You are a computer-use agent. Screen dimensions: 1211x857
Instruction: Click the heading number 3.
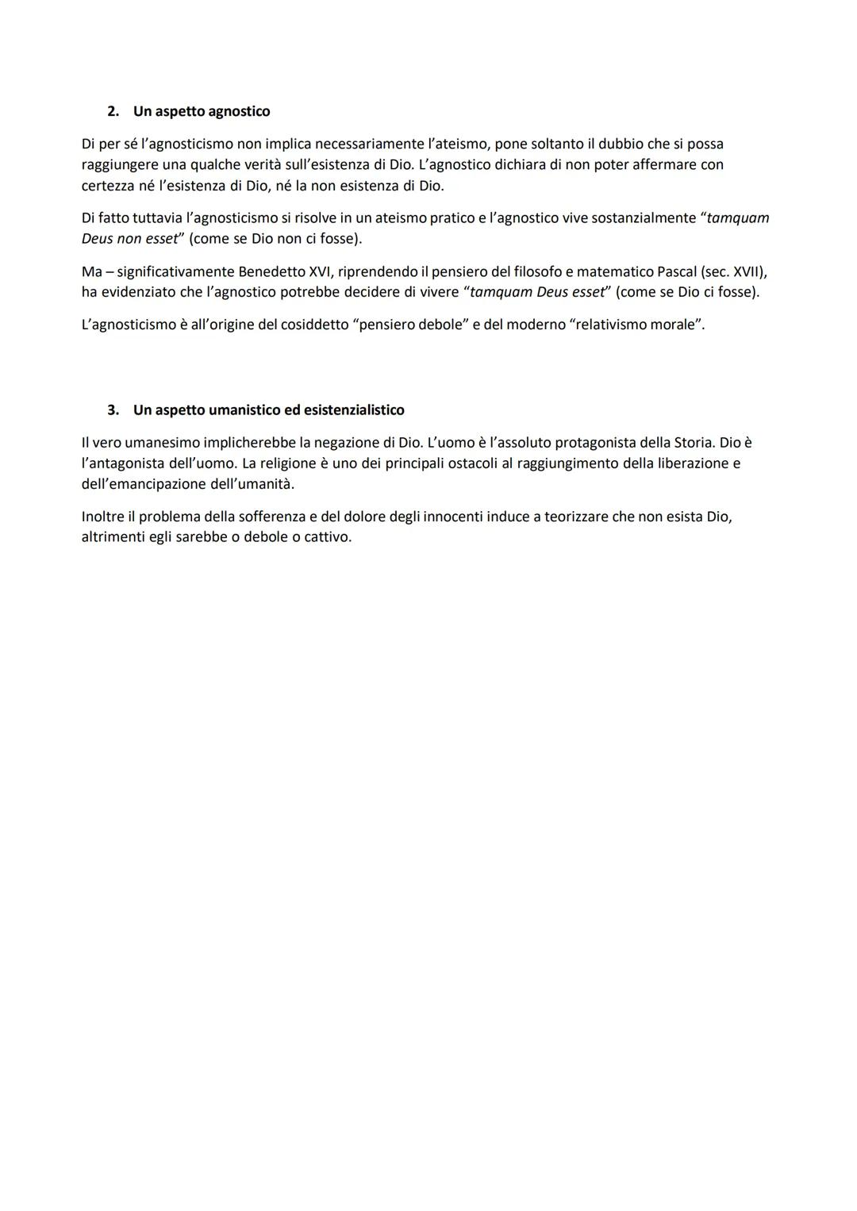tap(113, 410)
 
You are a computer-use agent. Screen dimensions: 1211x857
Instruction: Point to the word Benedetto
tap(271, 271)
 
